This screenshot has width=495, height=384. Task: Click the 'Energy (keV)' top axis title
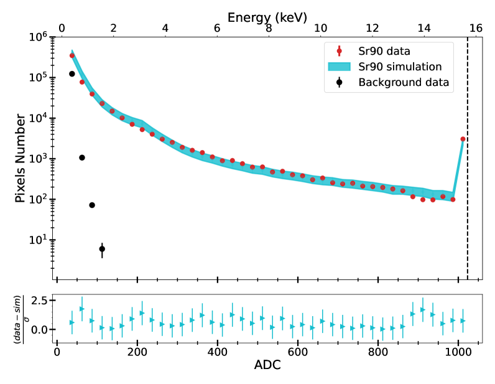click(x=267, y=17)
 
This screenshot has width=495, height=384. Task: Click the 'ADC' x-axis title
click(x=267, y=366)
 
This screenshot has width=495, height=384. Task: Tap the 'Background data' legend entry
click(x=404, y=82)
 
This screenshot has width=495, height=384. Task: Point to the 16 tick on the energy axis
click(x=476, y=29)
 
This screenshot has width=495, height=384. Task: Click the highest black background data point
click(x=72, y=74)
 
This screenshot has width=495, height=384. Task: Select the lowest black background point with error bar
click(x=102, y=249)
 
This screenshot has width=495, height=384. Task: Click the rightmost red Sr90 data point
click(x=463, y=139)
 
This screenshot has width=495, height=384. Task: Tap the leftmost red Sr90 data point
click(x=72, y=55)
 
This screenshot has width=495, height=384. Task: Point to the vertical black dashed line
click(x=468, y=187)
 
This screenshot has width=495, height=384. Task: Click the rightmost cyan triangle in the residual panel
click(x=463, y=321)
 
